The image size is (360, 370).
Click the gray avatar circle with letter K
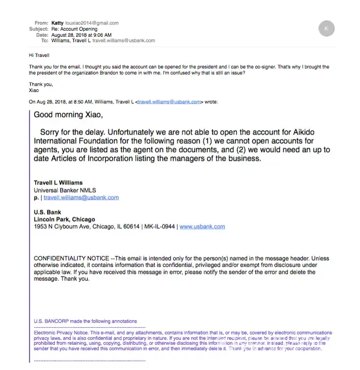click(x=326, y=27)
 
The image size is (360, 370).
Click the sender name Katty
click(x=57, y=23)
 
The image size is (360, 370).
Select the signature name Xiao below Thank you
click(x=34, y=90)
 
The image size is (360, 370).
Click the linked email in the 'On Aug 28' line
click(x=170, y=102)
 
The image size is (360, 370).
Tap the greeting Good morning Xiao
click(x=68, y=115)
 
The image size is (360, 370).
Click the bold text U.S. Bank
click(x=48, y=212)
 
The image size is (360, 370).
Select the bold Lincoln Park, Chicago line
click(x=64, y=219)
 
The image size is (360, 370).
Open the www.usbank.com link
click(x=202, y=226)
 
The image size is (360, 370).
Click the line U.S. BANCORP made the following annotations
click(x=85, y=321)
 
